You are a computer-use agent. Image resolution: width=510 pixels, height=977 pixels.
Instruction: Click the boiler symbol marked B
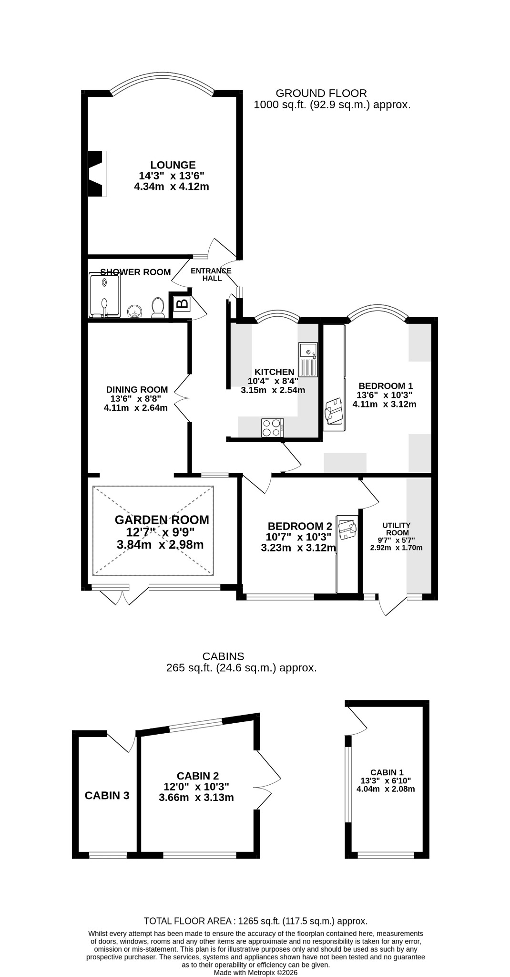coord(182,302)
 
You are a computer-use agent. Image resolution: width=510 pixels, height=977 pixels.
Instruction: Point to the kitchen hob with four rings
coord(272,427)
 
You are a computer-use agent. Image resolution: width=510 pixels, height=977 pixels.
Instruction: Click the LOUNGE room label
coord(173,165)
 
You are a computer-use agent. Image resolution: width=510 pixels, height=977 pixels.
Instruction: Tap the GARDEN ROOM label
coord(162,520)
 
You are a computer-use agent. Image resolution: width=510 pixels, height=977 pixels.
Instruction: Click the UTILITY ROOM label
coord(397,529)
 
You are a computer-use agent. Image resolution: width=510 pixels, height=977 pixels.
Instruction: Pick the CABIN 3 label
coord(107,795)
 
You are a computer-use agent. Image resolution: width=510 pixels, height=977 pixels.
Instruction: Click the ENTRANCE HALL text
coord(211,274)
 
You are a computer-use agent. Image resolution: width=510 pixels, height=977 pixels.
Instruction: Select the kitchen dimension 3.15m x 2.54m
coord(273,390)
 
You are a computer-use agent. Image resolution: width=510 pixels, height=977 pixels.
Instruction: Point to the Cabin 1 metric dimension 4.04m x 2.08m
coord(386,789)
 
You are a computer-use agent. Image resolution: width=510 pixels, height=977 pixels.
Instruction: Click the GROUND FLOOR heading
coord(322,93)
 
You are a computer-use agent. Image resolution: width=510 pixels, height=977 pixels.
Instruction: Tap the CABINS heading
coord(224,656)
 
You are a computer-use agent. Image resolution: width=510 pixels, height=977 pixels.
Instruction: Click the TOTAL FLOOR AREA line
coord(256,921)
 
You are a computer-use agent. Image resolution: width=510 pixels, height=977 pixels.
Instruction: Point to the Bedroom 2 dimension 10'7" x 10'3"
coord(298,537)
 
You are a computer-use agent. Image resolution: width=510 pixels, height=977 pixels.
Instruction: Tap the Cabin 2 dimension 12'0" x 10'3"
coord(196,787)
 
